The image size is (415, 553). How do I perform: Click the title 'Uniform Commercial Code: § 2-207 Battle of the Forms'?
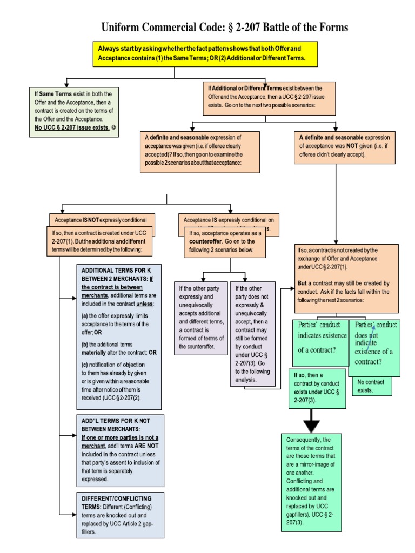click(225, 27)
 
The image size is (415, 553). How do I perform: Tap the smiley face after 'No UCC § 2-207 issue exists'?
click(113, 127)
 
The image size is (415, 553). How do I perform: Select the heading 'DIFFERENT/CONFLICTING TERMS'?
click(116, 497)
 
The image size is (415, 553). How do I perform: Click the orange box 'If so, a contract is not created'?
click(346, 278)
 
